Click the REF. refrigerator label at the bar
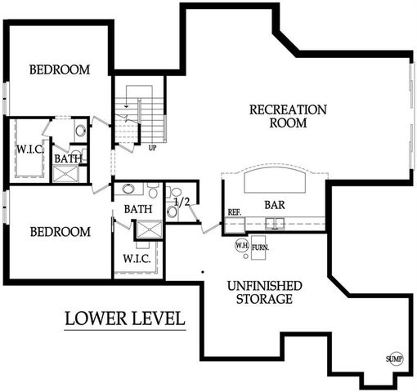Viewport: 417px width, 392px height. point(234,212)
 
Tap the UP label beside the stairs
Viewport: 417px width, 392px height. point(152,148)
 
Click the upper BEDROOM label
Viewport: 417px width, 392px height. point(60,69)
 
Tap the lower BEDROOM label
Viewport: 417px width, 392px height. point(60,232)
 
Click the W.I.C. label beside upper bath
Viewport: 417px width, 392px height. point(25,149)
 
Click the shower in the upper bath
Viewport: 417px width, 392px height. point(65,172)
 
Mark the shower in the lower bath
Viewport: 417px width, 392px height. point(148,231)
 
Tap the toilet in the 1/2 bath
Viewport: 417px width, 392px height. point(173,211)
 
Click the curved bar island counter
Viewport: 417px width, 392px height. point(274,181)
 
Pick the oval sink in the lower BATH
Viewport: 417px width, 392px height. point(128,189)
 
